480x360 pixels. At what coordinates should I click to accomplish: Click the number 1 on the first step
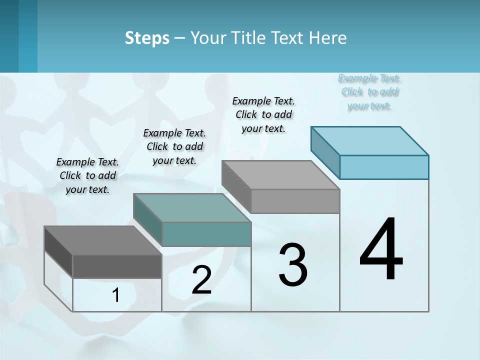tap(116, 295)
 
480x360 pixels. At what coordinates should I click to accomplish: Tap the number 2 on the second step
tap(201, 280)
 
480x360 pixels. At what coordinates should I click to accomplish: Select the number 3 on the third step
tap(293, 265)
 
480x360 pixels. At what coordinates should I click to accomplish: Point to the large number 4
tap(381, 250)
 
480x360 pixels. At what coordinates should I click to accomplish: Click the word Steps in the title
tap(147, 38)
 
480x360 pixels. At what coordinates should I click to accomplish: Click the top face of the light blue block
tap(370, 140)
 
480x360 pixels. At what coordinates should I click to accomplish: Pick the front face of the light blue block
tap(384, 167)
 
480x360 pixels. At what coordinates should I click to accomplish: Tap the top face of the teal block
tap(192, 208)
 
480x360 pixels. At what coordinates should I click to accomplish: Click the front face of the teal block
tap(206, 234)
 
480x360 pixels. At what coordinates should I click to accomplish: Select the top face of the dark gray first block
tap(103, 240)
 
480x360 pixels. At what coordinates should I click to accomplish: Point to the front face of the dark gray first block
tap(117, 266)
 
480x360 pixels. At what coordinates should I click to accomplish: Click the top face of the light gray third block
tap(280, 175)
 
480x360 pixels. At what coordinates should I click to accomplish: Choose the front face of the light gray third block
tap(295, 201)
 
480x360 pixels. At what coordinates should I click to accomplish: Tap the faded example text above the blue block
tap(369, 92)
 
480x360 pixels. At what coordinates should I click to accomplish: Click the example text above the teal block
tap(174, 146)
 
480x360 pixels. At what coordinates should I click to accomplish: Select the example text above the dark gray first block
tap(87, 175)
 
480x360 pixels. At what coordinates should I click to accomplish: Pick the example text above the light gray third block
tap(263, 114)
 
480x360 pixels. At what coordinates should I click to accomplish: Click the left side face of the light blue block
tap(325, 152)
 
